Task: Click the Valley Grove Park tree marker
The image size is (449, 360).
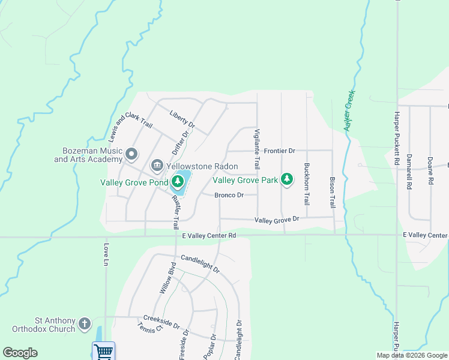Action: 288,179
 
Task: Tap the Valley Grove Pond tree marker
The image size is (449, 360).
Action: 178,181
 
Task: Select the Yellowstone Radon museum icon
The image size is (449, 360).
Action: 157,164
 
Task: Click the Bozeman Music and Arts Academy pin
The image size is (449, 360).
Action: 131,155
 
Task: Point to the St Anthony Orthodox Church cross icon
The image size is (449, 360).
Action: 85,324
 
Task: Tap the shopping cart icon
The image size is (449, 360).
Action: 103,351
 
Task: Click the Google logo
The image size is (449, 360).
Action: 20,353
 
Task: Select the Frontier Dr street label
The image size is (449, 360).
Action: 280,151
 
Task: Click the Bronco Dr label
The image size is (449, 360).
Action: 229,195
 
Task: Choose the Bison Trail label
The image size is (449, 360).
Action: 332,192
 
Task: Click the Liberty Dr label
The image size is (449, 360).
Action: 182,118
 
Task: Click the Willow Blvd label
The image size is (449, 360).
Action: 167,278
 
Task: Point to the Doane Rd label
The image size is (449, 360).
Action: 430,170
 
